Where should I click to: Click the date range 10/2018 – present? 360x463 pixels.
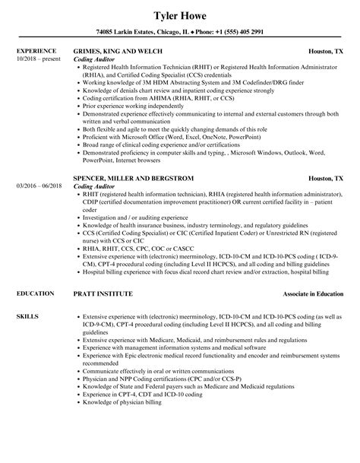pyautogui.click(x=37, y=59)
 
